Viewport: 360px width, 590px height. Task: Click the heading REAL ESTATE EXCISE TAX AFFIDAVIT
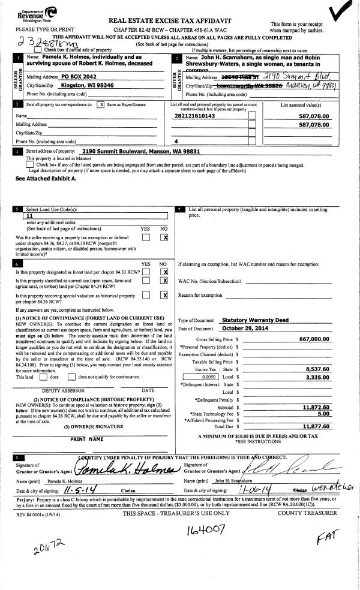coord(170,20)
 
